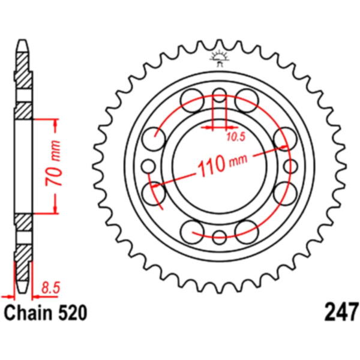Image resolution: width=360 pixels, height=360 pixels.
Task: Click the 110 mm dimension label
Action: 222,163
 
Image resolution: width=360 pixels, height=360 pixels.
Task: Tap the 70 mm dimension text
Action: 53,163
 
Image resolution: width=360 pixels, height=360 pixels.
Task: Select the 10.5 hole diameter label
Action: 236,137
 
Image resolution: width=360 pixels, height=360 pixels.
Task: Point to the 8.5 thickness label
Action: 50,288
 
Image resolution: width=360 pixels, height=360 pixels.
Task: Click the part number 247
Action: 341,312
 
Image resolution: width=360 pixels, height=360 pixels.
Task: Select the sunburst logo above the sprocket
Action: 220,58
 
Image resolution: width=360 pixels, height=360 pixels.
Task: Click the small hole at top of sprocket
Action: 220,95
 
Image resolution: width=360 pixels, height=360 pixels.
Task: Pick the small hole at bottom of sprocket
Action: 220,237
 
